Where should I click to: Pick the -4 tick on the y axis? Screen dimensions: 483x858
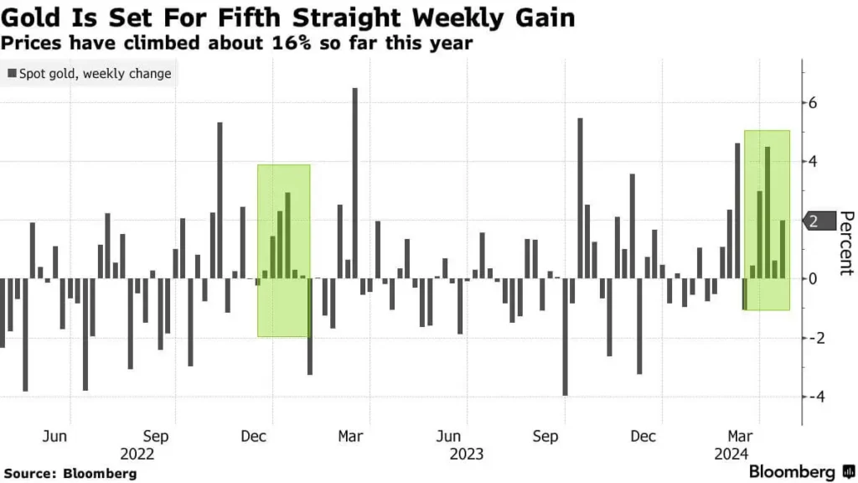point(810,396)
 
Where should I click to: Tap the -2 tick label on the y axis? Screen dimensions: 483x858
point(810,337)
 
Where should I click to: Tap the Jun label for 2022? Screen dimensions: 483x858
point(54,437)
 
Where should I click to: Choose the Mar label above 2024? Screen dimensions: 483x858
point(738,437)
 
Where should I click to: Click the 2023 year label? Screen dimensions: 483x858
point(466,454)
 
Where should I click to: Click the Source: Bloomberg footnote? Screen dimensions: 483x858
point(69,474)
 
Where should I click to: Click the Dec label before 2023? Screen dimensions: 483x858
point(253,437)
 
